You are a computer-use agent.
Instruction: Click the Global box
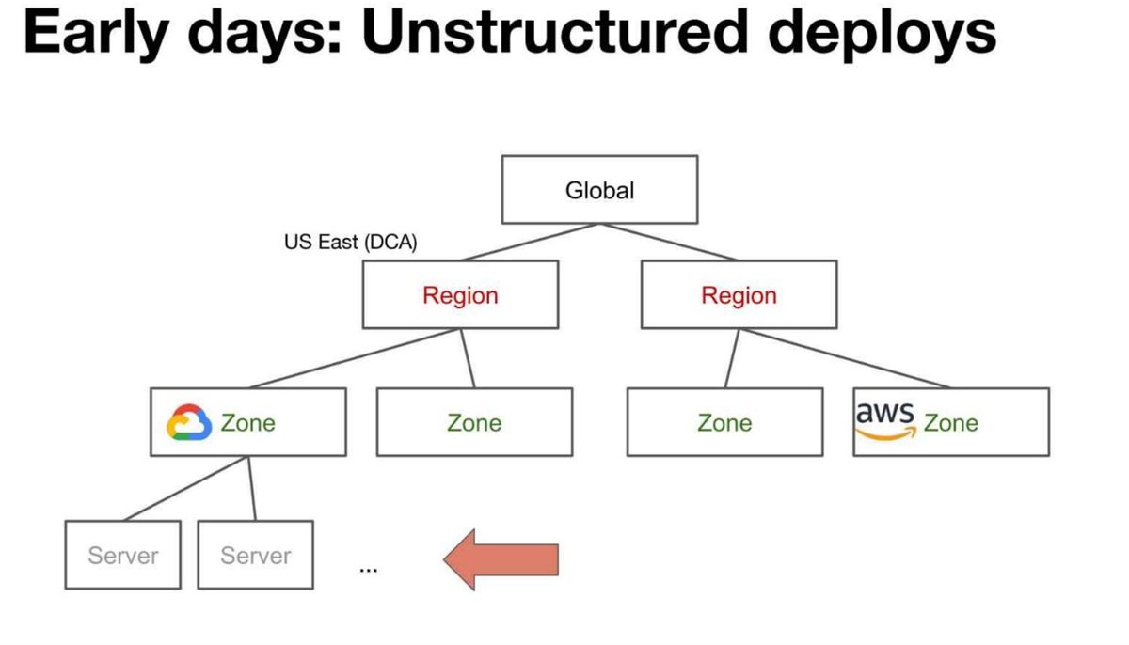(x=600, y=190)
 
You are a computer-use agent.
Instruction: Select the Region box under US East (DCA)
(x=461, y=294)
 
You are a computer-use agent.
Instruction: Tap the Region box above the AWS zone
(x=739, y=294)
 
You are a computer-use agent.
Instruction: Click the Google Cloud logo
(x=189, y=422)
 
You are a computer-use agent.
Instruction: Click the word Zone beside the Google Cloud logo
(x=248, y=423)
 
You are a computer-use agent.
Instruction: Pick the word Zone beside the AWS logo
(x=951, y=423)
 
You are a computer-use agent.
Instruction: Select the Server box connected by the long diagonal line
(x=123, y=555)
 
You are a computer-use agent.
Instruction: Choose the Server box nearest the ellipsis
(x=256, y=555)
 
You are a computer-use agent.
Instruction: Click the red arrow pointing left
(x=501, y=559)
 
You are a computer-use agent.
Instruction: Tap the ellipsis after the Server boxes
(x=369, y=571)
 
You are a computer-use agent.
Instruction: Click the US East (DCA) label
(x=351, y=243)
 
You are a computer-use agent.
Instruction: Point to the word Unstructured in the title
(x=555, y=31)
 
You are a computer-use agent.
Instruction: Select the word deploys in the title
(x=883, y=35)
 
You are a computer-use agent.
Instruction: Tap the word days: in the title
(x=264, y=35)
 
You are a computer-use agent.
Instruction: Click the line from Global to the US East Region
(x=531, y=243)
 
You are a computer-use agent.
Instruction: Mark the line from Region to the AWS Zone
(x=845, y=358)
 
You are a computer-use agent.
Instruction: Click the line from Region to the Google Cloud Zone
(x=355, y=358)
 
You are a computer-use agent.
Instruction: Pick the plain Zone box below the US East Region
(x=475, y=422)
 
